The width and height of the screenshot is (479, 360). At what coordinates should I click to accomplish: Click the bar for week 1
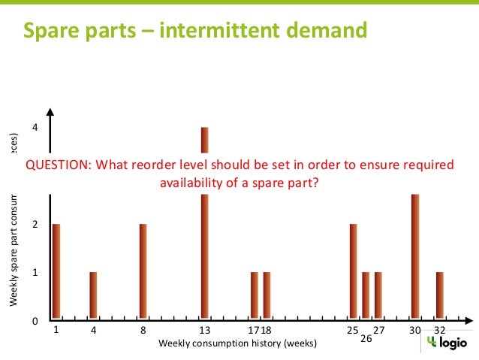point(56,271)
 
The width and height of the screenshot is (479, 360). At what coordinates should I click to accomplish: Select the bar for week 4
point(93,295)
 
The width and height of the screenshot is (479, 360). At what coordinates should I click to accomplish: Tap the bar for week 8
point(143,271)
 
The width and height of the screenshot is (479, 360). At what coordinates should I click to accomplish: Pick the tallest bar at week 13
point(204,225)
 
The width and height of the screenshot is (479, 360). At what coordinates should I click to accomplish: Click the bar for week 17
point(254,295)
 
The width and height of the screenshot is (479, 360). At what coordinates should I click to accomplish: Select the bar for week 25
point(353,271)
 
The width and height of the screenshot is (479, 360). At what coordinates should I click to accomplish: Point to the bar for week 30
point(414,256)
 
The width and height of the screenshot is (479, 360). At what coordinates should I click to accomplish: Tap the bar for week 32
point(439,295)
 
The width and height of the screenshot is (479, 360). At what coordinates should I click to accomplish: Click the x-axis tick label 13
point(204,330)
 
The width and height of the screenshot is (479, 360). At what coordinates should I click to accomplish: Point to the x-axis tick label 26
point(366,339)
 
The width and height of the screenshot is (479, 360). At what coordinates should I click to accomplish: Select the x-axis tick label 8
point(143,330)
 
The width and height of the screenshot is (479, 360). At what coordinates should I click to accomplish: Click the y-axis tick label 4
point(35,129)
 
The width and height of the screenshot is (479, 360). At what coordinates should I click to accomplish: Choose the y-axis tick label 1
point(35,273)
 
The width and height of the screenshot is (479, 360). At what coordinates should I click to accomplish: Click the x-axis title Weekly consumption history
point(237,343)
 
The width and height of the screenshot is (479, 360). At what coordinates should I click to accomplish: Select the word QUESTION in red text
point(57,165)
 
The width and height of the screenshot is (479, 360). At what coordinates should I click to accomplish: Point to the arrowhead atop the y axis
point(50,113)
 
